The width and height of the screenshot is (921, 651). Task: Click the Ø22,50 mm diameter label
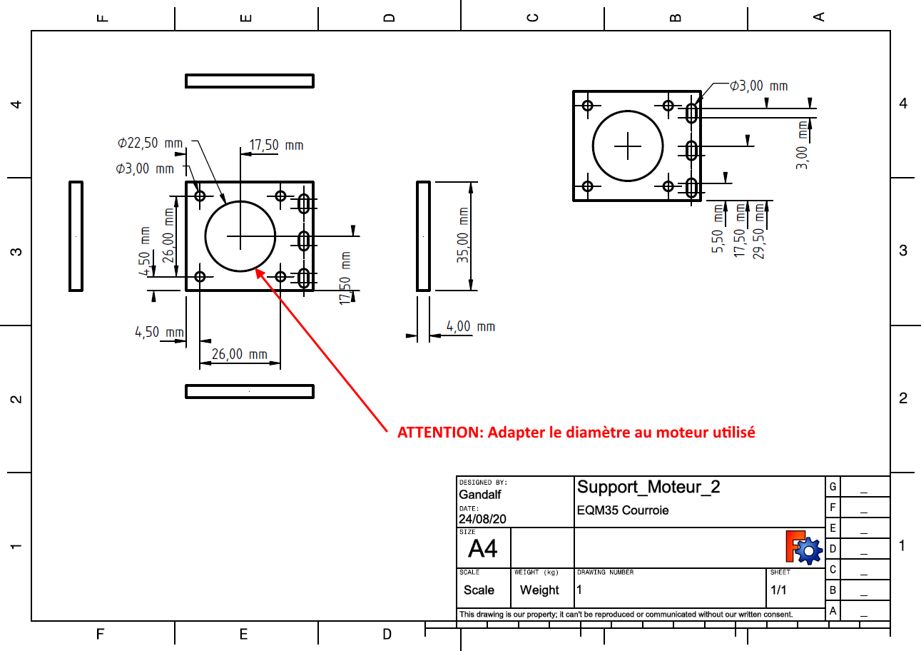click(150, 143)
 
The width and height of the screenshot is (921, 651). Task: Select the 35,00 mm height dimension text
click(463, 236)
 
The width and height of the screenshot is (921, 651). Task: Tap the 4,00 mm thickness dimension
click(470, 326)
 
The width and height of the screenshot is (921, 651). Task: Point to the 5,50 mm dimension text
click(718, 230)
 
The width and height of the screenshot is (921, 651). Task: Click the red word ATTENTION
click(431, 433)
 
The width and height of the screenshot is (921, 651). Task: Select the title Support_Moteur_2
click(648, 487)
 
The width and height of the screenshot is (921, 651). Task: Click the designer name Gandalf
click(479, 495)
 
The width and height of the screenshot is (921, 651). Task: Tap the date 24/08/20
click(482, 519)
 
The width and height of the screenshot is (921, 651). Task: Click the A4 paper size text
click(483, 549)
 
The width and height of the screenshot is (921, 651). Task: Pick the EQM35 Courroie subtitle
click(623, 510)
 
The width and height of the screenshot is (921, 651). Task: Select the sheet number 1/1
click(778, 590)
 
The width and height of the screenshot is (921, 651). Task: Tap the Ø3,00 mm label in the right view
click(758, 86)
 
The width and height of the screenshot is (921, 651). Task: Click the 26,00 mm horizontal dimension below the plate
click(239, 354)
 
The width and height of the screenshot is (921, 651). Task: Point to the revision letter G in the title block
click(833, 487)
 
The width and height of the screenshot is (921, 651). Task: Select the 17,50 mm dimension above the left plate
click(275, 145)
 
